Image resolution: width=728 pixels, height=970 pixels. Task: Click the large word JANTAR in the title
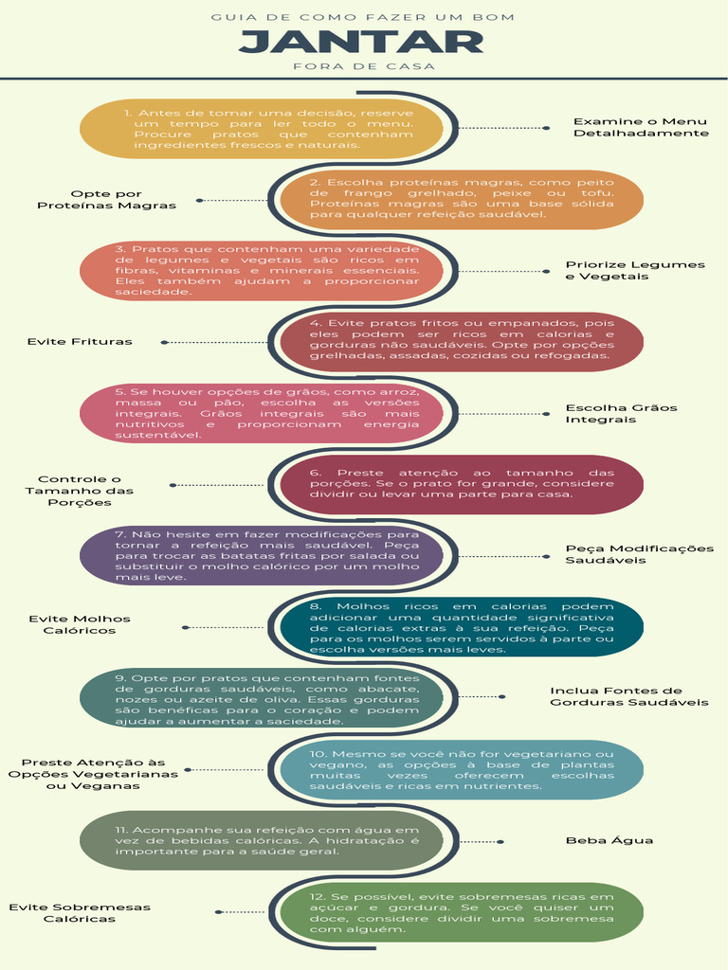click(361, 42)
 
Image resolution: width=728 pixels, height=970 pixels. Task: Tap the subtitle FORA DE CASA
click(364, 66)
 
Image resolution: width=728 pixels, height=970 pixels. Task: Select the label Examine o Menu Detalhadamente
click(641, 127)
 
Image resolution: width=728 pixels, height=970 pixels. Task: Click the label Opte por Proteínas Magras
click(106, 200)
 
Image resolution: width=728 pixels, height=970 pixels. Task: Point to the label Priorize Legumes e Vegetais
click(635, 270)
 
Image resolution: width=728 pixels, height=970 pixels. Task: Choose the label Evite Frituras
click(80, 341)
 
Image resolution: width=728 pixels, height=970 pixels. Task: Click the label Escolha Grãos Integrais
click(621, 413)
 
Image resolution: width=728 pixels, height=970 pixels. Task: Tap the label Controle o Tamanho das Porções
click(80, 491)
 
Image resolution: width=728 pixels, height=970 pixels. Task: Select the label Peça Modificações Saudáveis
click(640, 554)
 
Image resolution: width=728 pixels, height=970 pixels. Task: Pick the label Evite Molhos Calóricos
click(80, 624)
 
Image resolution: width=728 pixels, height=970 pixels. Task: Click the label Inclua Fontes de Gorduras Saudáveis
click(629, 696)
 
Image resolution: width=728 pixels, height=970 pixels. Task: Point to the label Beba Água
click(610, 840)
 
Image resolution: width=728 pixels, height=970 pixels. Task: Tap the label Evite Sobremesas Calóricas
click(80, 912)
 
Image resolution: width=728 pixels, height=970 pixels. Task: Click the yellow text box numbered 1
click(262, 129)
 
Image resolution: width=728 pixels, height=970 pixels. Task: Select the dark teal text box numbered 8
click(462, 627)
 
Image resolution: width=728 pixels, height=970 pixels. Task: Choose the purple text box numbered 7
click(262, 555)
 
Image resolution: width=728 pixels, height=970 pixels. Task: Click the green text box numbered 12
click(462, 912)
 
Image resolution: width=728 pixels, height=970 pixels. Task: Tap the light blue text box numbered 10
click(462, 769)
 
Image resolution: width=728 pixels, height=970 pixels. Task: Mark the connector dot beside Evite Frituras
click(164, 342)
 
